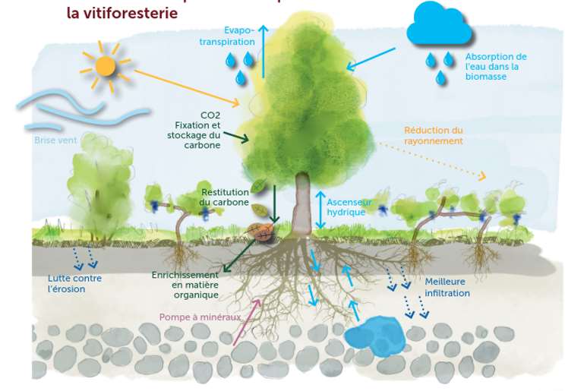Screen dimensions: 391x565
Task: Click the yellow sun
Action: click(x=106, y=65)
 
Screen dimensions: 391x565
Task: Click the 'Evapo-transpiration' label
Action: click(x=228, y=37)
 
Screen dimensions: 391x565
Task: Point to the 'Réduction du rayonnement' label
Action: click(x=433, y=135)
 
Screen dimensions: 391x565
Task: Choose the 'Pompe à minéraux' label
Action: click(x=200, y=317)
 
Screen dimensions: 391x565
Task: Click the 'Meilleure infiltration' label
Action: click(x=447, y=287)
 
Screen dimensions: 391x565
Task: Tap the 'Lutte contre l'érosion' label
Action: click(x=74, y=283)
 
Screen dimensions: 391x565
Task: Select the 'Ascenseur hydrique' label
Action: click(x=349, y=207)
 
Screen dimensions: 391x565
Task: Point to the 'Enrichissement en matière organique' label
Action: click(x=185, y=285)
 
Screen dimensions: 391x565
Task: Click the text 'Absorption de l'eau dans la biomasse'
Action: click(x=495, y=67)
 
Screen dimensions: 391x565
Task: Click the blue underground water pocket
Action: click(x=376, y=334)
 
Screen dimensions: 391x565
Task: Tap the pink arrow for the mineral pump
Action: click(x=245, y=323)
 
